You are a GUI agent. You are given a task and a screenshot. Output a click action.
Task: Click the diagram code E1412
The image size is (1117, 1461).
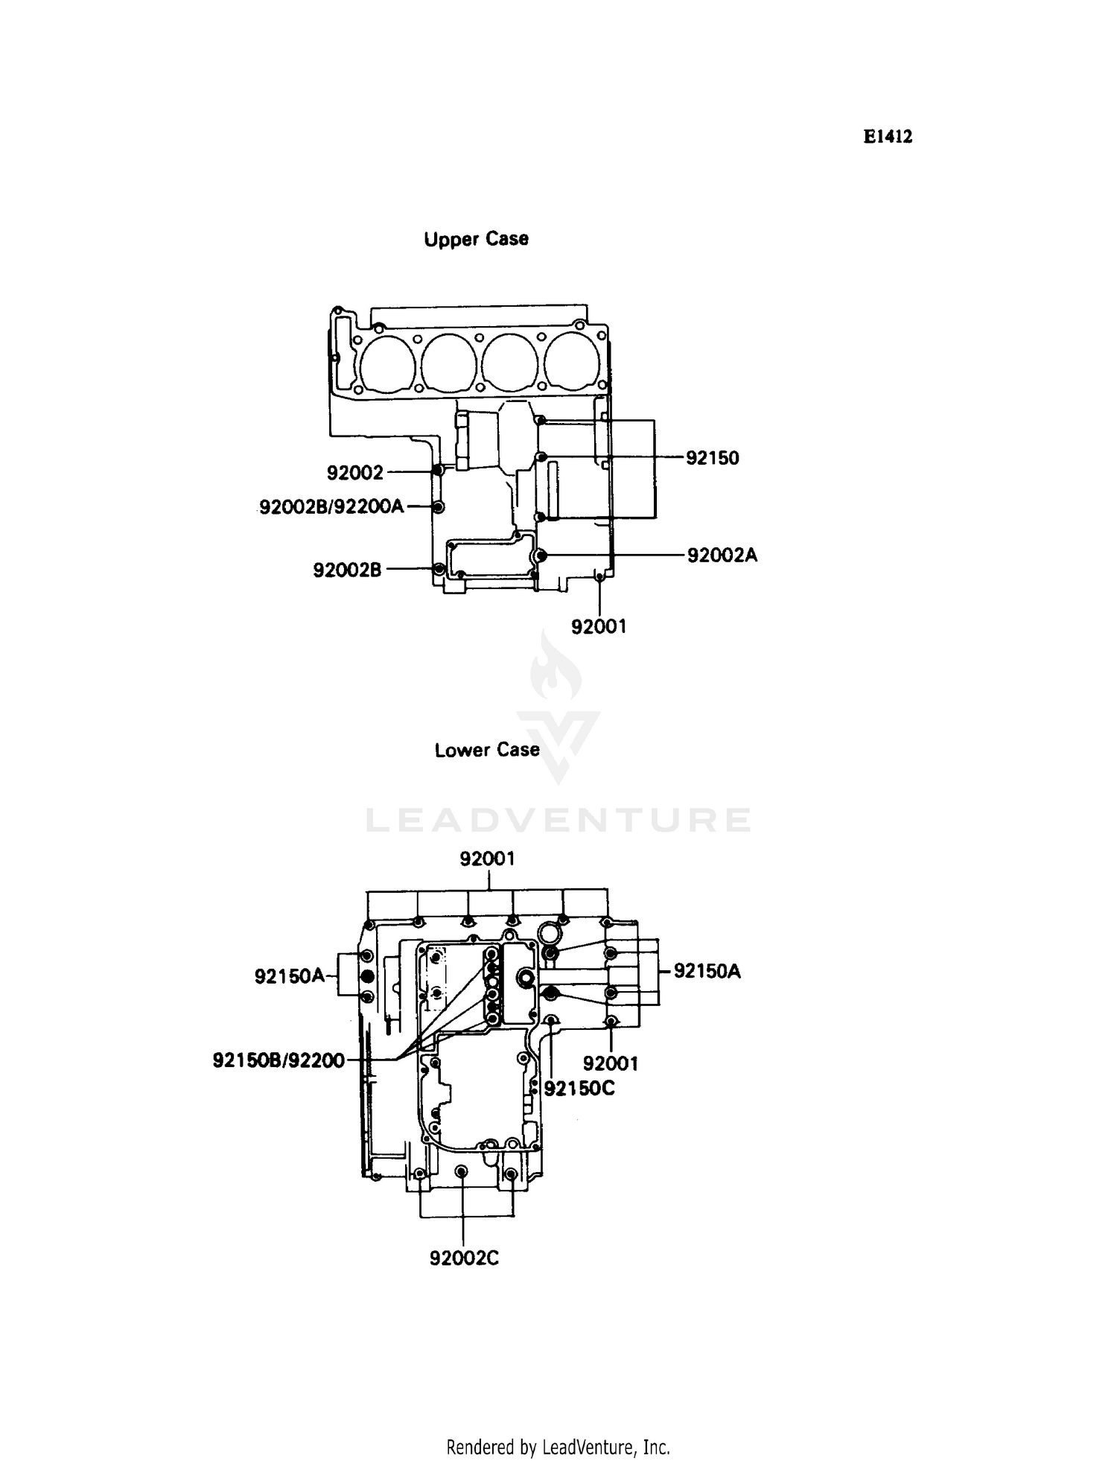pyautogui.click(x=888, y=137)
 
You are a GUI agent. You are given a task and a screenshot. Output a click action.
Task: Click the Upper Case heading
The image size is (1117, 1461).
pyautogui.click(x=476, y=239)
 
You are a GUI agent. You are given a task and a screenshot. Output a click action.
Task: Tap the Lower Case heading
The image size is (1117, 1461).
pyautogui.click(x=487, y=750)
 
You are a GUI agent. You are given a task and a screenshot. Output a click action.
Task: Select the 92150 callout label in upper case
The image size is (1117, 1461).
pyautogui.click(x=712, y=458)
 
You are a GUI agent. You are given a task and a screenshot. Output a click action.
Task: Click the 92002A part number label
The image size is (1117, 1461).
pyautogui.click(x=722, y=555)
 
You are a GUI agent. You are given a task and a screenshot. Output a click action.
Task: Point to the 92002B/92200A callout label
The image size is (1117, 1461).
pyautogui.click(x=331, y=507)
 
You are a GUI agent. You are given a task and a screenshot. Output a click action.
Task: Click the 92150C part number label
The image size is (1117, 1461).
pyautogui.click(x=579, y=1089)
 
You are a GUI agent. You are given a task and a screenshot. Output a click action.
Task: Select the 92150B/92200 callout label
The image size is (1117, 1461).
pyautogui.click(x=279, y=1060)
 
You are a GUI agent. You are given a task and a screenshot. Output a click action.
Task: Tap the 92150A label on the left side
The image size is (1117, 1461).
pyautogui.click(x=290, y=975)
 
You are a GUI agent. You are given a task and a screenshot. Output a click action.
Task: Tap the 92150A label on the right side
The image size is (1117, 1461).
pyautogui.click(x=707, y=971)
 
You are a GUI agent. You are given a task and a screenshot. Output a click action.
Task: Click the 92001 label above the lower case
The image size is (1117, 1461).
pyautogui.click(x=487, y=859)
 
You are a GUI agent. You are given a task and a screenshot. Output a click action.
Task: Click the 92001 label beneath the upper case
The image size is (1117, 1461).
pyautogui.click(x=599, y=627)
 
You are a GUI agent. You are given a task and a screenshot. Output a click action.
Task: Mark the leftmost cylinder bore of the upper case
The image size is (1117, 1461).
pyautogui.click(x=386, y=363)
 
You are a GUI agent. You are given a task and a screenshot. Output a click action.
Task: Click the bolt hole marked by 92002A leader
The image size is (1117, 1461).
pyautogui.click(x=541, y=556)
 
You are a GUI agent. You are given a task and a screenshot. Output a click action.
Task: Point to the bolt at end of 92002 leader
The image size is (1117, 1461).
pyautogui.click(x=438, y=471)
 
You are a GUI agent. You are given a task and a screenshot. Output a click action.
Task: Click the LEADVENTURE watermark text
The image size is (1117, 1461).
pyautogui.click(x=558, y=820)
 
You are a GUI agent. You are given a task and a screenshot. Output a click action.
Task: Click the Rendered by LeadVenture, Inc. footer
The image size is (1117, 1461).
pyautogui.click(x=558, y=1447)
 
